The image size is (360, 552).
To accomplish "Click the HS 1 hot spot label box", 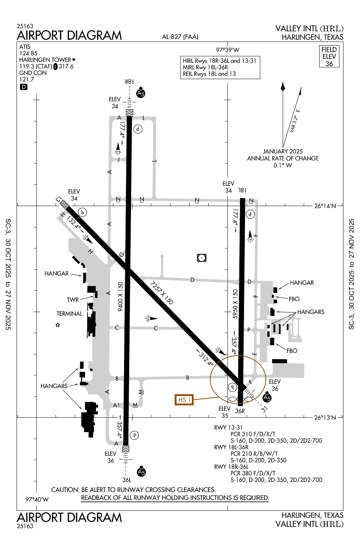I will [184, 400].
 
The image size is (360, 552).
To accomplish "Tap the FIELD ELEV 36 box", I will [329, 56].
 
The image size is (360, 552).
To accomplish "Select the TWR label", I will [73, 300].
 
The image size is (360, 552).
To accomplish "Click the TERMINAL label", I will [69, 314].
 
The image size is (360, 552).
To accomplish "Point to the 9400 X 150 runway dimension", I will [120, 297].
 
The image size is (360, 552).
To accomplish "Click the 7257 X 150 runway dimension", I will [162, 293].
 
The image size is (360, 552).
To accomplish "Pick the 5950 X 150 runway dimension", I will [236, 304].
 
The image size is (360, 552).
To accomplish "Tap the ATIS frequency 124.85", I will [28, 53].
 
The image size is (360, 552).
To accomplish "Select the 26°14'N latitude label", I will [325, 206].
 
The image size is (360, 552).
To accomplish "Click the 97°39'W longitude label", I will [227, 50].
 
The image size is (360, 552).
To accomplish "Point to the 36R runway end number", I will [240, 411].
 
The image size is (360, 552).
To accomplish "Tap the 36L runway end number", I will [127, 480].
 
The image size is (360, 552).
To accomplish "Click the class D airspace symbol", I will [24, 87].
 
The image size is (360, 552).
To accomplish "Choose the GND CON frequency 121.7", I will [27, 79].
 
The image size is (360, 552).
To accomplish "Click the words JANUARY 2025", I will [283, 151].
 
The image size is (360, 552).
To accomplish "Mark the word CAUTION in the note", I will [65, 490].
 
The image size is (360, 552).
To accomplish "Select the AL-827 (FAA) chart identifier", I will [180, 37].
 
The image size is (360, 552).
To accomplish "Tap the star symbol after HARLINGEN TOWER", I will [74, 59].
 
